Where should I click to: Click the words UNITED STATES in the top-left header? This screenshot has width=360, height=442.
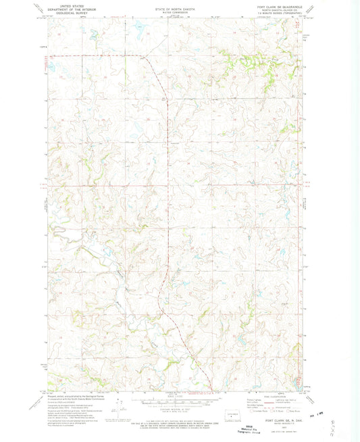(70, 4)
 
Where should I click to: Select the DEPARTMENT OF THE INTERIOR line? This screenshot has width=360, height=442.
(70, 7)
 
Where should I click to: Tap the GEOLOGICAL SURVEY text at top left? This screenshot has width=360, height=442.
(70, 11)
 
